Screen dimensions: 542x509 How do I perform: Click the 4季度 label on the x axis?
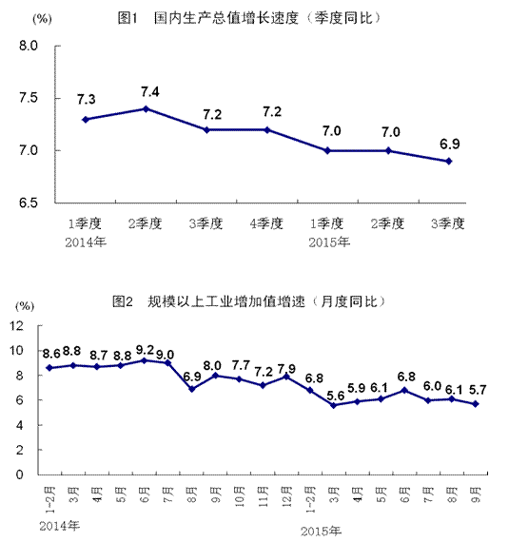[267, 224]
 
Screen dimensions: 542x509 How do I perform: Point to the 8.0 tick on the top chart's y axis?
[28, 46]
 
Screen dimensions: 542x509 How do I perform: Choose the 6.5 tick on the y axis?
[28, 203]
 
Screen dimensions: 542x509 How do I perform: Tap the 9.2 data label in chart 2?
[144, 349]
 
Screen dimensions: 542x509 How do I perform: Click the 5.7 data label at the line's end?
[477, 391]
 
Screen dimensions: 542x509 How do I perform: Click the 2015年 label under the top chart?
[329, 242]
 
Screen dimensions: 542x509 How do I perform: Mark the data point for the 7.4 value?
[146, 108]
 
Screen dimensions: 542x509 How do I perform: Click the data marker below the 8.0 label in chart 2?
[216, 375]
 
